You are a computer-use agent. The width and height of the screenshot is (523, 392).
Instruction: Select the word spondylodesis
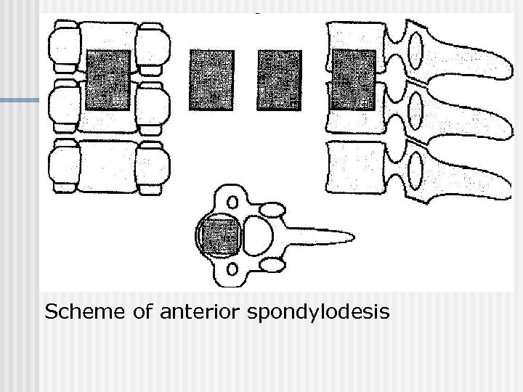pos(318,314)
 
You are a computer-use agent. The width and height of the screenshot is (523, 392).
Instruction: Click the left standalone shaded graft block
pos(211,80)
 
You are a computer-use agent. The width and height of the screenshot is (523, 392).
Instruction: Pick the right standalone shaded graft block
pos(280,80)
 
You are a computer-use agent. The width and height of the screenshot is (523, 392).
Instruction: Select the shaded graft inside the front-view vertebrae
pos(108,80)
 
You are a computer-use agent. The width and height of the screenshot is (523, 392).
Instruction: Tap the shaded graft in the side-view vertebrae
pos(353,80)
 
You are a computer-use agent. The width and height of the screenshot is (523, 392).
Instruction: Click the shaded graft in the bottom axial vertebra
pos(220,237)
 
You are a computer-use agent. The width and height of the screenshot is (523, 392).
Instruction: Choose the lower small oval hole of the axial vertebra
pos(232,271)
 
